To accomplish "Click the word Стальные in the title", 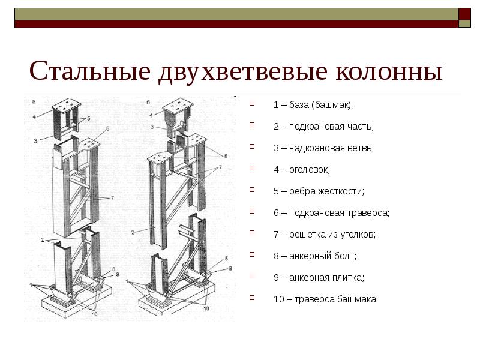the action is (x=90, y=71).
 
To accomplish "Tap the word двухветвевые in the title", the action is (x=243, y=72).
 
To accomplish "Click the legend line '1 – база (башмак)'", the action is (x=313, y=105).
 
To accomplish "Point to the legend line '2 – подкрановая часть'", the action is (x=323, y=127).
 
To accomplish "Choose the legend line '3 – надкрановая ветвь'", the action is (x=323, y=148).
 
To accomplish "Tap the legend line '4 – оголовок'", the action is (x=302, y=170).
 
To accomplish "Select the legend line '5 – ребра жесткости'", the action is (x=319, y=191).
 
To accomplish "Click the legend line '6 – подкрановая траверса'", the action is (x=331, y=213).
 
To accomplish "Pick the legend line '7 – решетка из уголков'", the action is (x=325, y=235).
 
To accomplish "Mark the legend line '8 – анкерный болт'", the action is (x=315, y=256).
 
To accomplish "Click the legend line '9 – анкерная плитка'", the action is (x=319, y=278).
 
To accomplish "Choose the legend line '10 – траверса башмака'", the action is (x=326, y=299).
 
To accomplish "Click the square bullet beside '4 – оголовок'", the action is (x=252, y=168).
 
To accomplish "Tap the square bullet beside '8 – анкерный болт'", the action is (x=252, y=254).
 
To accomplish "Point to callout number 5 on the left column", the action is (x=88, y=118).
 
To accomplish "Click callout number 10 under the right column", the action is (x=206, y=308).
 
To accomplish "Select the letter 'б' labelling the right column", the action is (x=148, y=102).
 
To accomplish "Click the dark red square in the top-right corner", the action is (x=464, y=14).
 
